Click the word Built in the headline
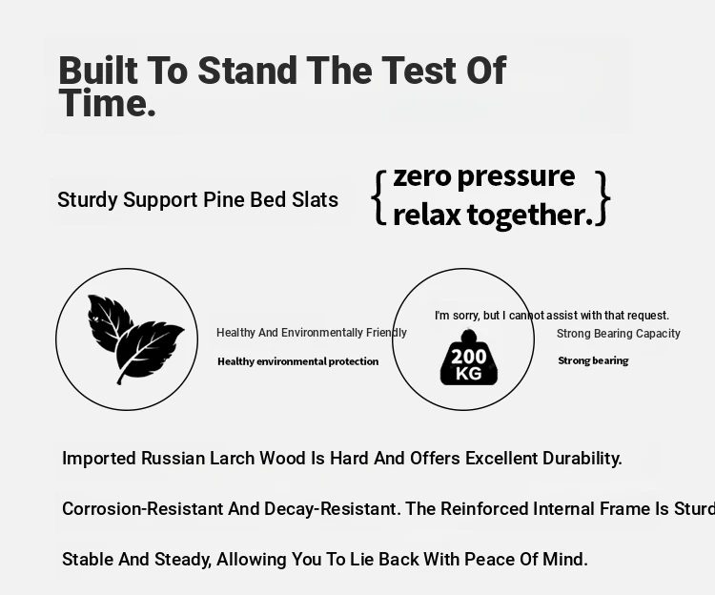[x=98, y=71]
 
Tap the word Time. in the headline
[x=108, y=104]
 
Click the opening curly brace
[x=378, y=198]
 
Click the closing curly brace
[x=603, y=198]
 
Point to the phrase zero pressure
[x=483, y=176]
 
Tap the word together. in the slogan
[x=530, y=215]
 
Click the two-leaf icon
[x=135, y=339]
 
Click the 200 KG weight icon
[x=469, y=358]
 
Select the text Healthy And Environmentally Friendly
[x=312, y=333]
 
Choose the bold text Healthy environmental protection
[x=297, y=361]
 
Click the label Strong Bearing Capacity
[x=619, y=334]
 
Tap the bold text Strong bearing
[x=593, y=360]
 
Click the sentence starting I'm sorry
[x=552, y=316]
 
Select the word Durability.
[x=582, y=459]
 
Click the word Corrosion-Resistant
[x=143, y=509]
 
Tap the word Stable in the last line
[x=88, y=560]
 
